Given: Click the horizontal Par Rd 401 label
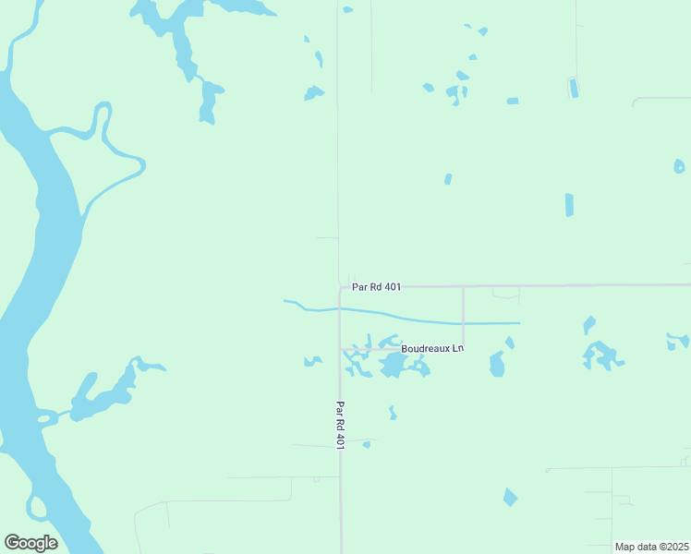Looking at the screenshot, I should point(376,287).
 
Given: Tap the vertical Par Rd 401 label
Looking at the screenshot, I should point(340,426).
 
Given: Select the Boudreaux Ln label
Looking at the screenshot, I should point(431,349).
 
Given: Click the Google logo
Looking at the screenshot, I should point(30,542).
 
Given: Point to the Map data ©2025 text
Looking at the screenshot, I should point(651,547).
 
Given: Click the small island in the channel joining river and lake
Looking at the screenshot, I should point(45,418).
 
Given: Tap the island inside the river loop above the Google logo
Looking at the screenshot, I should point(36,506).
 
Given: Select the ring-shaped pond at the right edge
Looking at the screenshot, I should point(679,166).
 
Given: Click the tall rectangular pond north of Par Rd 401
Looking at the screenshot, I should point(569,205).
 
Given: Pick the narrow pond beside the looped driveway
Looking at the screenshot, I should point(573,88).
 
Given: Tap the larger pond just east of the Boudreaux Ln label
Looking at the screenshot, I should point(497,364).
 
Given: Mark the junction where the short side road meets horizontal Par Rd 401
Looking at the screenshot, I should point(463,286).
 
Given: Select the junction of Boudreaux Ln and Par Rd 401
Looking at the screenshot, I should point(341,349).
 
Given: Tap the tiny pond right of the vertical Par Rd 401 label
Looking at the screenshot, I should point(366,444).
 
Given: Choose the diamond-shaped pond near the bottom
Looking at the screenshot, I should point(510,498).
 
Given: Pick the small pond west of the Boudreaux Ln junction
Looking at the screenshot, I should point(313,361).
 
